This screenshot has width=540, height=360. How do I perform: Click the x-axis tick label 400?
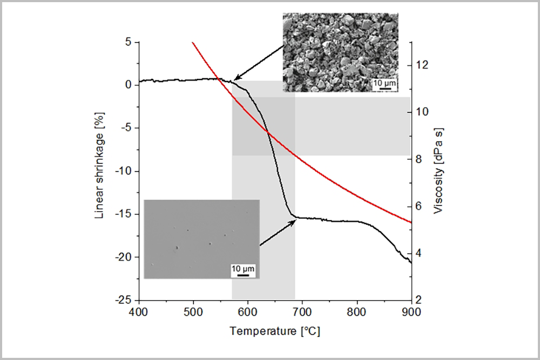[x=139, y=311]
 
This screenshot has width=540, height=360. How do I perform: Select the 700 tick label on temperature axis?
[x=302, y=311]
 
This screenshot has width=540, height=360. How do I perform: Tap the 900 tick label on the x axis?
[x=411, y=311]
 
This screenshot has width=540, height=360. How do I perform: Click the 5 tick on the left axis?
[x=130, y=42]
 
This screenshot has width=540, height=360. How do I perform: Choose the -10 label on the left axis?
[x=125, y=171]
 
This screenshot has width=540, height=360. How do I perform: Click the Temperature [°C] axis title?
[x=275, y=330]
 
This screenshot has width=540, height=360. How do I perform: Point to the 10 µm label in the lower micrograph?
[x=242, y=268]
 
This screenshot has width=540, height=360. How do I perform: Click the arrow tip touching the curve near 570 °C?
[x=235, y=80]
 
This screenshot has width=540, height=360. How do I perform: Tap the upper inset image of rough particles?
[x=340, y=53]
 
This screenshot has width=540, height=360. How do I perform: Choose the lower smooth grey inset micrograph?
[x=201, y=239]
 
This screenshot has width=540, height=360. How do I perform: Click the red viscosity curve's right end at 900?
[x=411, y=222]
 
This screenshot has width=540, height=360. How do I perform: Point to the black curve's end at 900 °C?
[x=411, y=262]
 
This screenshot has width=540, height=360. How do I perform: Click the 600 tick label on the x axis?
[x=248, y=311]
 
